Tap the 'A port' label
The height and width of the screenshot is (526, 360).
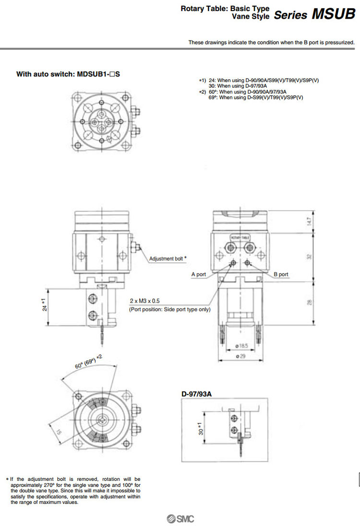point(198,275)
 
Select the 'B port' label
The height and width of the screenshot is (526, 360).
point(281,275)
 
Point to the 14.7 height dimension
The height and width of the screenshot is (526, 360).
point(309,221)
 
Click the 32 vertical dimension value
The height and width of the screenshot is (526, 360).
point(309,257)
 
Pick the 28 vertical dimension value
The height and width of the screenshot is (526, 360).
point(309,302)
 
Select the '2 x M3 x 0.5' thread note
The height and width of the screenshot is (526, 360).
point(145,300)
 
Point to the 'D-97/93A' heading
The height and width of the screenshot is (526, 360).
point(196,394)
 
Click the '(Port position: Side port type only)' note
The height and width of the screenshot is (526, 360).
point(169,310)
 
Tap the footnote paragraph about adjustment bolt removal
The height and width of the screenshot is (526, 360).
point(75,490)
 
